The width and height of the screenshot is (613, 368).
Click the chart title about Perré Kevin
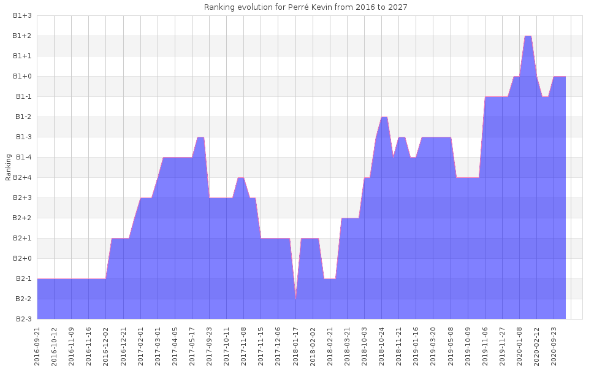[305, 7]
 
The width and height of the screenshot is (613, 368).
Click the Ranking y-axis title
[8, 167]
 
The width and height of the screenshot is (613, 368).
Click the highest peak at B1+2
[528, 36]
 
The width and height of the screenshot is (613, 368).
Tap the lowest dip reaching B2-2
[296, 298]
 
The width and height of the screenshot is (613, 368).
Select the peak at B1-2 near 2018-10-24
[384, 117]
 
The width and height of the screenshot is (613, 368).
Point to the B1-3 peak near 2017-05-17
[200, 137]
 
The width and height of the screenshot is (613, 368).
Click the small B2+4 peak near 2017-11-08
[241, 178]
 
